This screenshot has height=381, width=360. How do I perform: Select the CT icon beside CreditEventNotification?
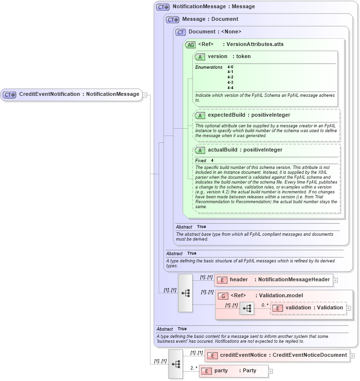pos(10,95)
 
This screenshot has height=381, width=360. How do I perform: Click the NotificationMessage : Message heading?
pos(207,7)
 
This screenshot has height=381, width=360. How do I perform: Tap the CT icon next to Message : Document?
pos(173,19)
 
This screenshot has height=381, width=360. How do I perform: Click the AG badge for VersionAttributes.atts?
pos(190,45)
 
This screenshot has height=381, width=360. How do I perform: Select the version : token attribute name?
pos(229,57)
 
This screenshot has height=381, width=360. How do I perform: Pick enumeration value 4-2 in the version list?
pos(230,77)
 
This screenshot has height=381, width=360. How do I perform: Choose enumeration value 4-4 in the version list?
pos(230,88)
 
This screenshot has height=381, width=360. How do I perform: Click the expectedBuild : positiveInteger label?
pos(249,115)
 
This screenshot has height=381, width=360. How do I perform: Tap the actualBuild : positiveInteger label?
pos(245,150)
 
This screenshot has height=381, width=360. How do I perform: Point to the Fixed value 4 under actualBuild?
pos(212,160)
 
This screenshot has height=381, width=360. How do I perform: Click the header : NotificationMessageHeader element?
pos(273,280)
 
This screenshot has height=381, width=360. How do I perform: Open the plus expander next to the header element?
pos(335,280)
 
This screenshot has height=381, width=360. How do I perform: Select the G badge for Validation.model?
pos(223,296)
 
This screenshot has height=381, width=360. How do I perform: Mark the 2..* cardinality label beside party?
pos(194,368)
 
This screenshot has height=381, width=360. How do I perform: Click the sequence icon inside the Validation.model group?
pos(247,308)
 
